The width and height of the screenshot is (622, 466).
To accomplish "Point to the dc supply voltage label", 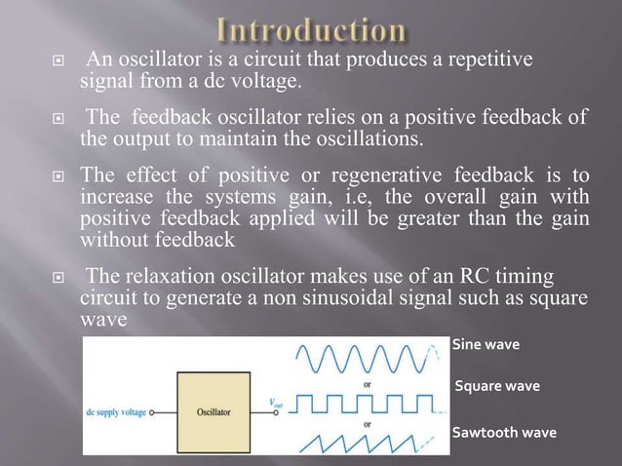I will pyautogui.click(x=117, y=412).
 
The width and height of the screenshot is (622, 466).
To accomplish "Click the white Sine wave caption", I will pyautogui.click(x=486, y=344).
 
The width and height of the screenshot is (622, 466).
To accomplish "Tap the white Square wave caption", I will pyautogui.click(x=497, y=387).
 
